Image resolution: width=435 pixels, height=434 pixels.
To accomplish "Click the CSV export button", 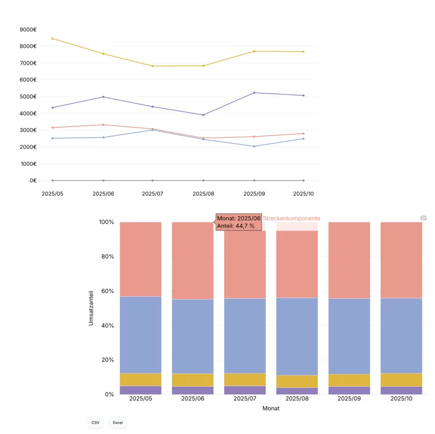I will [x=95, y=423].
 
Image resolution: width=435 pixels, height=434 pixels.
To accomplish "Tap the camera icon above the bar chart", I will [x=423, y=218].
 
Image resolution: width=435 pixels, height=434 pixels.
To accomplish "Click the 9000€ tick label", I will [x=27, y=29].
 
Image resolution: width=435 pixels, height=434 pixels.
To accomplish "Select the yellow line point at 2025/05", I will [x=53, y=38].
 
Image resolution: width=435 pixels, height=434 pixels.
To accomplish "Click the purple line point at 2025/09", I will [x=254, y=93].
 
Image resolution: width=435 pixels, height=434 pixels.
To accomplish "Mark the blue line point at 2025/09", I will [x=254, y=146].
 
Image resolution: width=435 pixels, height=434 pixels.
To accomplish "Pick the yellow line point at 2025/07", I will [x=153, y=66].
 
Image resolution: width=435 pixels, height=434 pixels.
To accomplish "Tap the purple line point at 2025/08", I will [x=203, y=115].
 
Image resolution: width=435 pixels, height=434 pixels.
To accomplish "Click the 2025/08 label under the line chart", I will [x=203, y=194].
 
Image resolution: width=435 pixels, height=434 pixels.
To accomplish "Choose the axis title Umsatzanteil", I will [x=91, y=308].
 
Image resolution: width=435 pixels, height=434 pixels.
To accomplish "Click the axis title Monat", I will [x=271, y=408].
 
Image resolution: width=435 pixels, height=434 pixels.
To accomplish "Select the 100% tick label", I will [x=106, y=222].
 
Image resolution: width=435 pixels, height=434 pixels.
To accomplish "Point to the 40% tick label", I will [x=107, y=325].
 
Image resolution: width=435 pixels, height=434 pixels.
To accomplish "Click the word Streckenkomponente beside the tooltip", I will [x=292, y=218].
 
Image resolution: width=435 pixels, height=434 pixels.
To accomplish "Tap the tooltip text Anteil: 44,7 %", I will [x=236, y=226].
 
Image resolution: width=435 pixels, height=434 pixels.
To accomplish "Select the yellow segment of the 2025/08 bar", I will [x=297, y=381].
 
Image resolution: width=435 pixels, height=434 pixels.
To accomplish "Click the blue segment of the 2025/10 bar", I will [x=401, y=336].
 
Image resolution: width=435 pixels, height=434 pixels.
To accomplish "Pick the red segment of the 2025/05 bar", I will [x=141, y=259].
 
